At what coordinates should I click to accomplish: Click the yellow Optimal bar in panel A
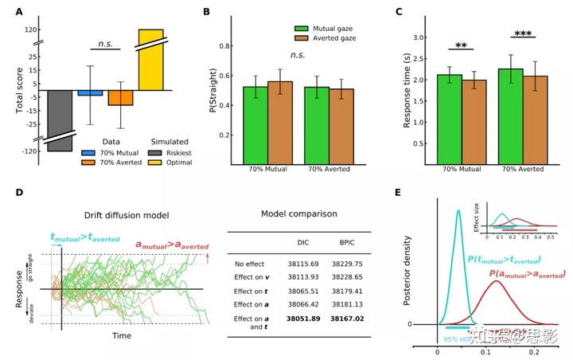(151, 60)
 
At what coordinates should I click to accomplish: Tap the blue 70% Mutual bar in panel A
(90, 92)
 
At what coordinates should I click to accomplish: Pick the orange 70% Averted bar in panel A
(120, 97)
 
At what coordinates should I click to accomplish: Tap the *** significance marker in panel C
(522, 34)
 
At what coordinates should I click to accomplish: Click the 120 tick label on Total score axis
(32, 30)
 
